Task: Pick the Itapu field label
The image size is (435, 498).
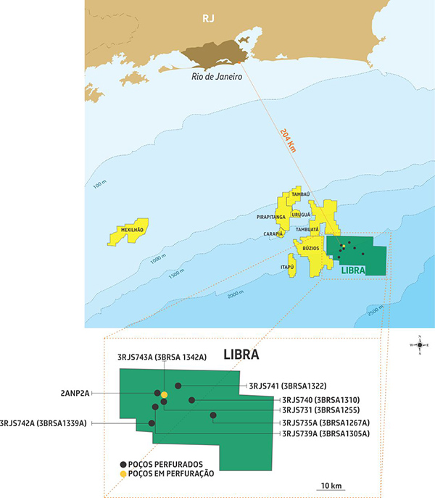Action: point(287,267)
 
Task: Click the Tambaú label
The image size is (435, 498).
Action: point(300,194)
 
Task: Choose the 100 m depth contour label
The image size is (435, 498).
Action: point(100,188)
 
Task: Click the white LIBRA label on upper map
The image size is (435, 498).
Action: point(352,269)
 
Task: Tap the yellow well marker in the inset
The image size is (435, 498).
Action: point(165,394)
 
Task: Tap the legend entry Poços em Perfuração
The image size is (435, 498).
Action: point(173,473)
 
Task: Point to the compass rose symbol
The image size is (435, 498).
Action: point(419,345)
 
